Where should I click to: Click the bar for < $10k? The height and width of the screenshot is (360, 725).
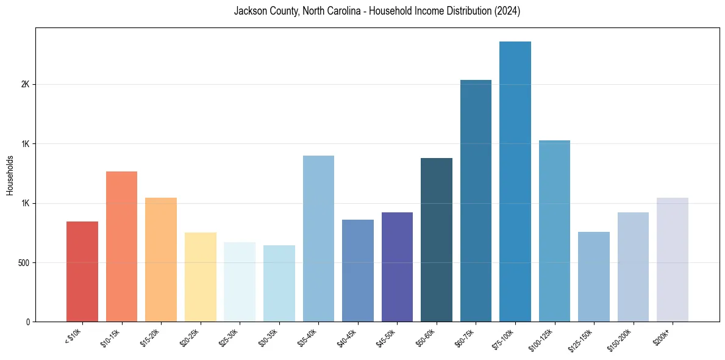pyautogui.click(x=82, y=272)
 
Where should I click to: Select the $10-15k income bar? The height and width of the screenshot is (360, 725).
pyautogui.click(x=121, y=247)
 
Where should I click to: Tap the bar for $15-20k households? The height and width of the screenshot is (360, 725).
pyautogui.click(x=161, y=259)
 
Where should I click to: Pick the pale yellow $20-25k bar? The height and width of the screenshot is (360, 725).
pyautogui.click(x=200, y=277)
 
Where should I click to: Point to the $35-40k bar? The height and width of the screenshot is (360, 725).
pyautogui.click(x=318, y=239)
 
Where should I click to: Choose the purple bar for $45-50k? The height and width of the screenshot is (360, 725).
pyautogui.click(x=397, y=267)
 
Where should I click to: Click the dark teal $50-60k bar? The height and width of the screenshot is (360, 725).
pyautogui.click(x=437, y=240)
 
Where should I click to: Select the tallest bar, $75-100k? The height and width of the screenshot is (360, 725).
pyautogui.click(x=515, y=181)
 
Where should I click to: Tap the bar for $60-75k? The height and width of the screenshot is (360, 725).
pyautogui.click(x=476, y=201)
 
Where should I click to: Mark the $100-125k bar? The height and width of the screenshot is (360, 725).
pyautogui.click(x=554, y=231)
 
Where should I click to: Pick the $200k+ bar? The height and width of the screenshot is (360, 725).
pyautogui.click(x=673, y=259)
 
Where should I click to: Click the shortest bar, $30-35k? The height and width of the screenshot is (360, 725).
pyautogui.click(x=279, y=283)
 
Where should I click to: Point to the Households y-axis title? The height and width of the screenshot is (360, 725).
pyautogui.click(x=10, y=175)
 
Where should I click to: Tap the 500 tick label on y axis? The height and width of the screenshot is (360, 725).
pyautogui.click(x=23, y=262)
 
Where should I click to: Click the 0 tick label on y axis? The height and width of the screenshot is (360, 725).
pyautogui.click(x=27, y=322)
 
